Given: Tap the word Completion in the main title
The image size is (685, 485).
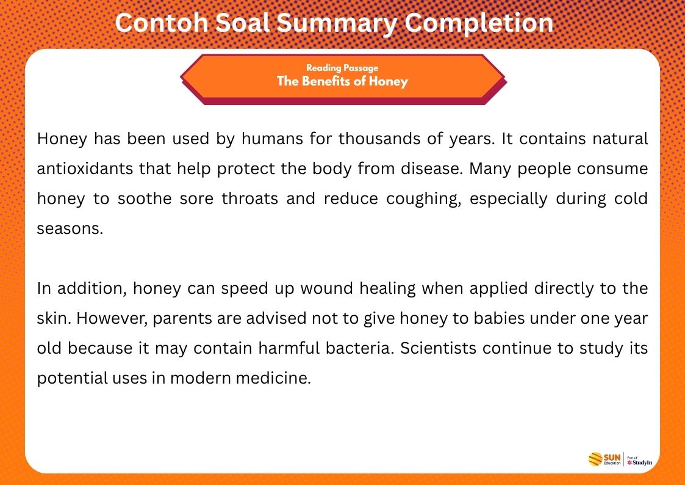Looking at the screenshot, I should coord(479,23).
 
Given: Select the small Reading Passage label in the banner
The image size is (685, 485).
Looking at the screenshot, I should coord(342,68).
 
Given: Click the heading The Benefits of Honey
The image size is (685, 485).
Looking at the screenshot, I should coord(342,81).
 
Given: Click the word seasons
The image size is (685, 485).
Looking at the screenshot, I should coord(68,228).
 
